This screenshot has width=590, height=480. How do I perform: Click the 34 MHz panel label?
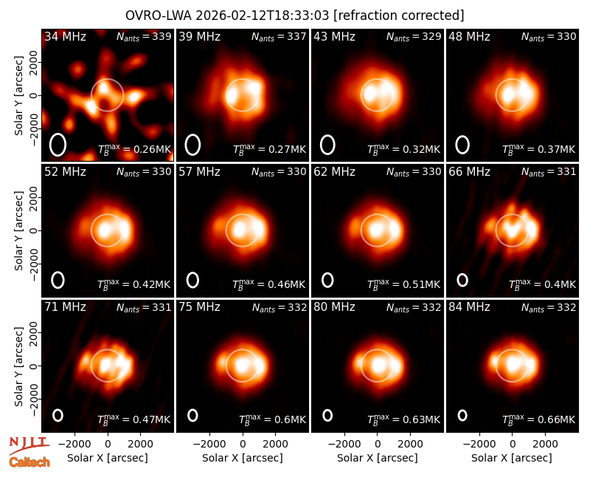click(x=65, y=36)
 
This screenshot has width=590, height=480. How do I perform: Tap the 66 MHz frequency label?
click(x=469, y=172)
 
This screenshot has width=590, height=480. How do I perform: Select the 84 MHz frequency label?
click(x=469, y=307)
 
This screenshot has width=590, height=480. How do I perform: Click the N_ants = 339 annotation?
click(x=144, y=36)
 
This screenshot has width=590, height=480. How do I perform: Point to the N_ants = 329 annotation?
click(x=414, y=36)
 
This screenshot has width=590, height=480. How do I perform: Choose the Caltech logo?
click(x=29, y=462)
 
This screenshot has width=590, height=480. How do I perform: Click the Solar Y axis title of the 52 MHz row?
click(x=18, y=230)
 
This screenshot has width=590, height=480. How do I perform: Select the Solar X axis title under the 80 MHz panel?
click(x=378, y=458)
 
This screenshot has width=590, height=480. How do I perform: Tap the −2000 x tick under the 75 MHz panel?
click(x=210, y=445)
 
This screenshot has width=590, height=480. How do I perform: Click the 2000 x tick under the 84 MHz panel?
click(x=545, y=445)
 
